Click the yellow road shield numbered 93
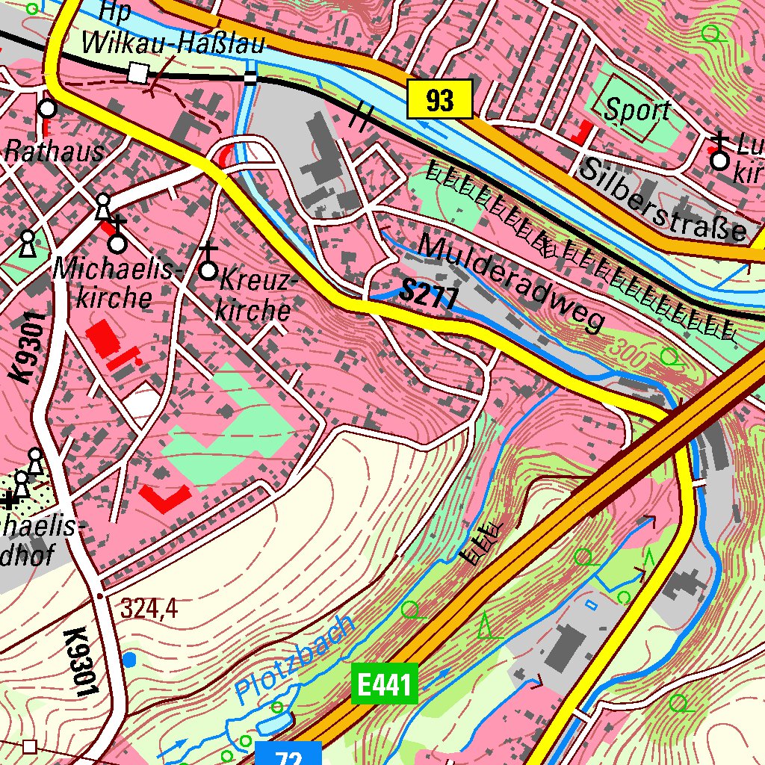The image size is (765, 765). [440, 99]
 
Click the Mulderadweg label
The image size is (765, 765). [511, 282]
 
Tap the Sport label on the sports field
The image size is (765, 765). [637, 111]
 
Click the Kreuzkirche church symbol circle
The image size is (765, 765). [209, 270]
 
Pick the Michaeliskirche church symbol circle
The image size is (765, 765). [117, 244]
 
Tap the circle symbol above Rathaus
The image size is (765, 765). [47, 109]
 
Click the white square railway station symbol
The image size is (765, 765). [137, 73]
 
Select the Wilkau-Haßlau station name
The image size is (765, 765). [173, 43]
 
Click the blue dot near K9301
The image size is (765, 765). [130, 660]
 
